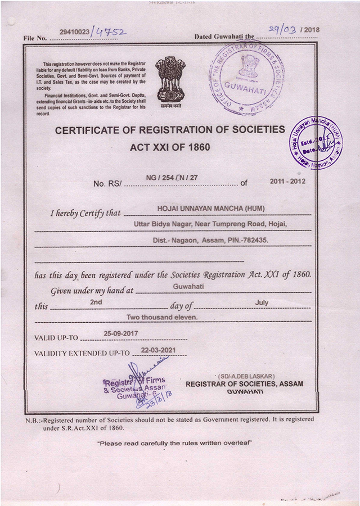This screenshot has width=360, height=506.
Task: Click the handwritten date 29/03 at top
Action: pos(281,29)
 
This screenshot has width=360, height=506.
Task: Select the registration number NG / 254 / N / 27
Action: pos(172,178)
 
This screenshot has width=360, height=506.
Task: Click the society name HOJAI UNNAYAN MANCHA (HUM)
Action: pos(211,209)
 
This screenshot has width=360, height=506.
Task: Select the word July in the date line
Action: pos(262,302)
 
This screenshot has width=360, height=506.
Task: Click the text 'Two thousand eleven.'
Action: pos(162,318)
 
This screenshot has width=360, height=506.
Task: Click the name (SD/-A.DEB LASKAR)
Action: pos(244,375)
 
